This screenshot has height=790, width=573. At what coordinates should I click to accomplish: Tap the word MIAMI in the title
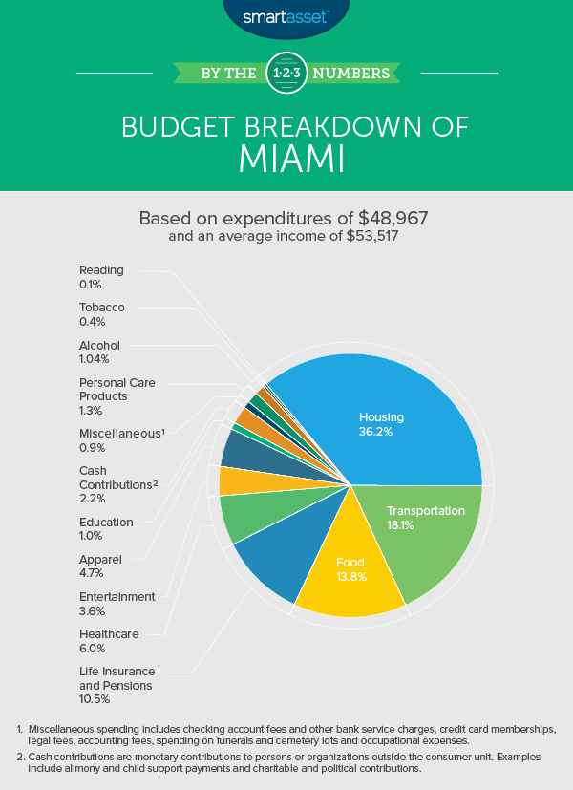pyautogui.click(x=286, y=160)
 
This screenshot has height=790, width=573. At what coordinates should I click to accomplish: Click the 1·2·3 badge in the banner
pyautogui.click(x=286, y=72)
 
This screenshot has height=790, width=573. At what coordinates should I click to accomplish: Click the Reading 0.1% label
pyautogui.click(x=101, y=277)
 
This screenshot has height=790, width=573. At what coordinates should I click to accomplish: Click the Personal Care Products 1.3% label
pyautogui.click(x=117, y=395)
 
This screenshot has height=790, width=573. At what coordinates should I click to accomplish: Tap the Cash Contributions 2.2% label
pyautogui.click(x=118, y=484)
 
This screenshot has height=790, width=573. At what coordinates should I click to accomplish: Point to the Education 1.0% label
pyautogui.click(x=106, y=528)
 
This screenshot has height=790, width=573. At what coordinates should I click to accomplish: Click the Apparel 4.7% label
pyautogui.click(x=101, y=566)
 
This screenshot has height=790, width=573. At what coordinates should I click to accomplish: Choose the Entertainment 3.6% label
pyautogui.click(x=117, y=603)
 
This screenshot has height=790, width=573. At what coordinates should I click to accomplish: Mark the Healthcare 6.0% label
pyautogui.click(x=109, y=640)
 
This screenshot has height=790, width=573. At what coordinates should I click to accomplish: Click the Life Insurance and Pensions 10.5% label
pyautogui.click(x=117, y=685)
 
